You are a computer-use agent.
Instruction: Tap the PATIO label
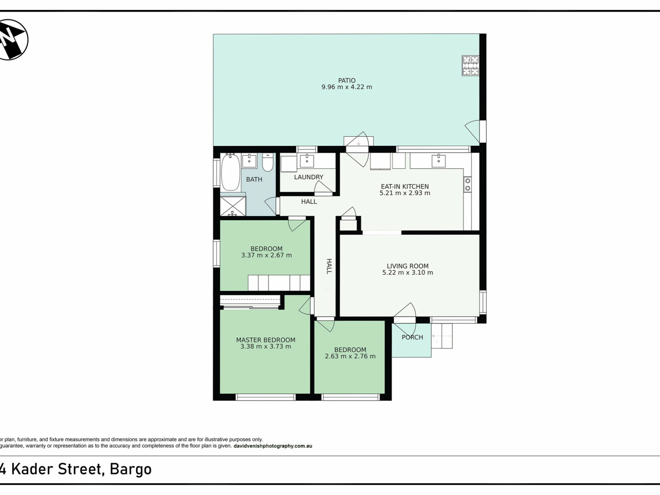click(x=346, y=80)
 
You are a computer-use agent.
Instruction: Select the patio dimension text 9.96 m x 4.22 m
click(x=346, y=87)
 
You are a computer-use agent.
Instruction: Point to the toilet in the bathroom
click(x=267, y=162)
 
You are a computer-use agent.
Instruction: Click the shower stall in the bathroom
click(x=233, y=206)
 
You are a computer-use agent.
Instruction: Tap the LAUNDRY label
click(x=309, y=177)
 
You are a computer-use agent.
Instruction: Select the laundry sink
click(x=307, y=161)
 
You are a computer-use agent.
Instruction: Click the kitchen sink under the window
click(x=438, y=161)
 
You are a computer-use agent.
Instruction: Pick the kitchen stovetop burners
click(x=467, y=185)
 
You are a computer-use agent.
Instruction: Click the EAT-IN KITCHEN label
click(x=405, y=187)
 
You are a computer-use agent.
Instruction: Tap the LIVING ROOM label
click(x=407, y=266)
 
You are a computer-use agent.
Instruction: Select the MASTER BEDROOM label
click(x=265, y=340)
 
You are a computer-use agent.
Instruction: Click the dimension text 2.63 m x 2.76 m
click(x=350, y=356)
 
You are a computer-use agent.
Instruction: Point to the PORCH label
click(x=412, y=337)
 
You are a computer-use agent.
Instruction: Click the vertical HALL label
click(x=329, y=266)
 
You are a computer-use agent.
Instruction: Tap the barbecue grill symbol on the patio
click(x=470, y=66)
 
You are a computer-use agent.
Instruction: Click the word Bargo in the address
click(x=130, y=469)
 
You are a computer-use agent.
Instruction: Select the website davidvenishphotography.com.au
click(x=273, y=446)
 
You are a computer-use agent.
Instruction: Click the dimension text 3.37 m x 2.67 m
click(x=266, y=255)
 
